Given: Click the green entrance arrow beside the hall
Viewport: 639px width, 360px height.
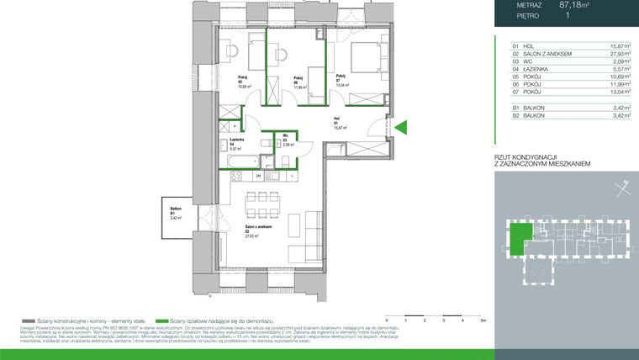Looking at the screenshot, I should [x=401, y=128].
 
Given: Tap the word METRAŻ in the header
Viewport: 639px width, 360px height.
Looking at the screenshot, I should [x=529, y=5].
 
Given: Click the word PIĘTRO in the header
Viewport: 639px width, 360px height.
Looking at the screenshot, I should [x=529, y=15].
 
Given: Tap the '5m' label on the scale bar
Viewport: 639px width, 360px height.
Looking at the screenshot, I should [x=483, y=321].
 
